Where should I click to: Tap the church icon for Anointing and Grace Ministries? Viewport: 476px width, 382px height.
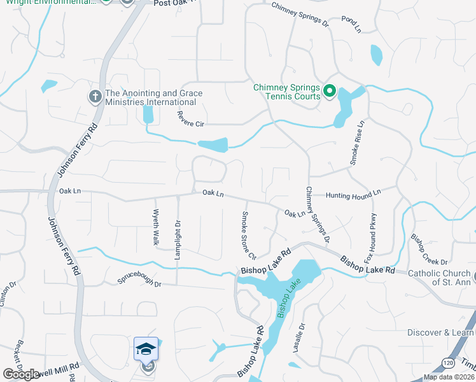95,97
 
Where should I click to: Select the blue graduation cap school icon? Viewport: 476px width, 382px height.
146,349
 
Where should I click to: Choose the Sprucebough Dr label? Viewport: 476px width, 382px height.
139,280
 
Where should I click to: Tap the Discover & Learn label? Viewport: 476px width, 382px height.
441,332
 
